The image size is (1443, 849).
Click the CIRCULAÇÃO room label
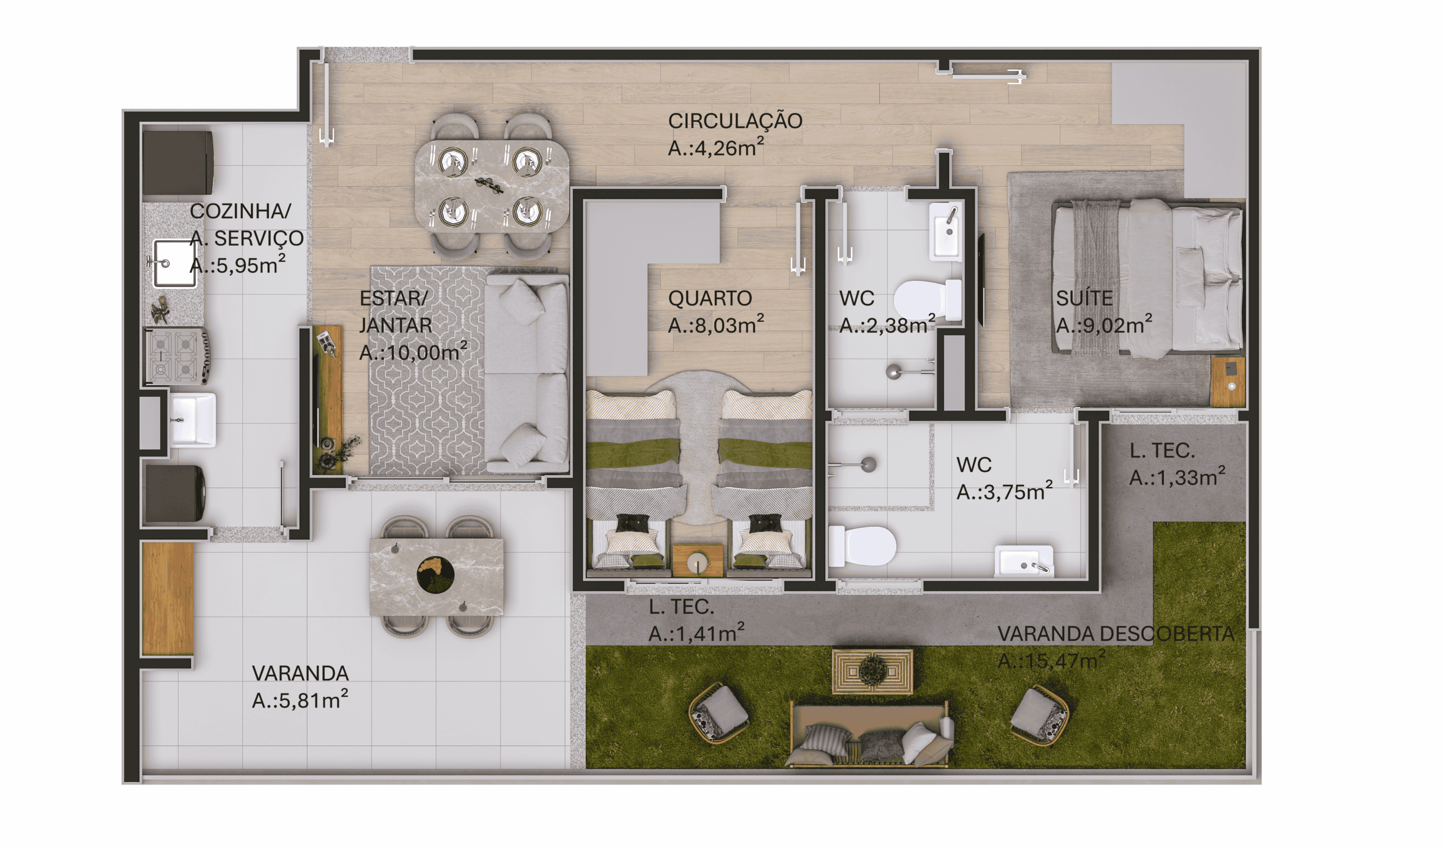pyautogui.click(x=735, y=121)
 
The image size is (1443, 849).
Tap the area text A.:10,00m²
pyautogui.click(x=413, y=352)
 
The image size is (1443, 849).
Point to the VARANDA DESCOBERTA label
pyautogui.click(x=1116, y=634)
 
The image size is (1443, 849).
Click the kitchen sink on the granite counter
pyautogui.click(x=174, y=263)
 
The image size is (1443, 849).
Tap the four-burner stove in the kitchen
pyautogui.click(x=176, y=355)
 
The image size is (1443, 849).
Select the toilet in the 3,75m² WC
pyautogui.click(x=862, y=545)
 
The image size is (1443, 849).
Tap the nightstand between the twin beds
pyautogui.click(x=697, y=560)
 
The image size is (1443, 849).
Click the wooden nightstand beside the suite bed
pyautogui.click(x=1228, y=381)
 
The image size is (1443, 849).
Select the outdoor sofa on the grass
pyautogui.click(x=870, y=735)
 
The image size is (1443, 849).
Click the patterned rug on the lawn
pyautogui.click(x=873, y=670)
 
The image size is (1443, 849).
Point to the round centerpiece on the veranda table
pyautogui.click(x=435, y=574)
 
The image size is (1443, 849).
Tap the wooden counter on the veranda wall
pyautogui.click(x=168, y=598)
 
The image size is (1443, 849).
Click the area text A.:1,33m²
pyautogui.click(x=1178, y=477)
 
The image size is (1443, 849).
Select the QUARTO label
pyautogui.click(x=710, y=298)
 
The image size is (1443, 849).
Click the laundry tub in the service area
pyautogui.click(x=193, y=420)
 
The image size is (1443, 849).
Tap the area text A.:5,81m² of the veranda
pyautogui.click(x=300, y=700)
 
